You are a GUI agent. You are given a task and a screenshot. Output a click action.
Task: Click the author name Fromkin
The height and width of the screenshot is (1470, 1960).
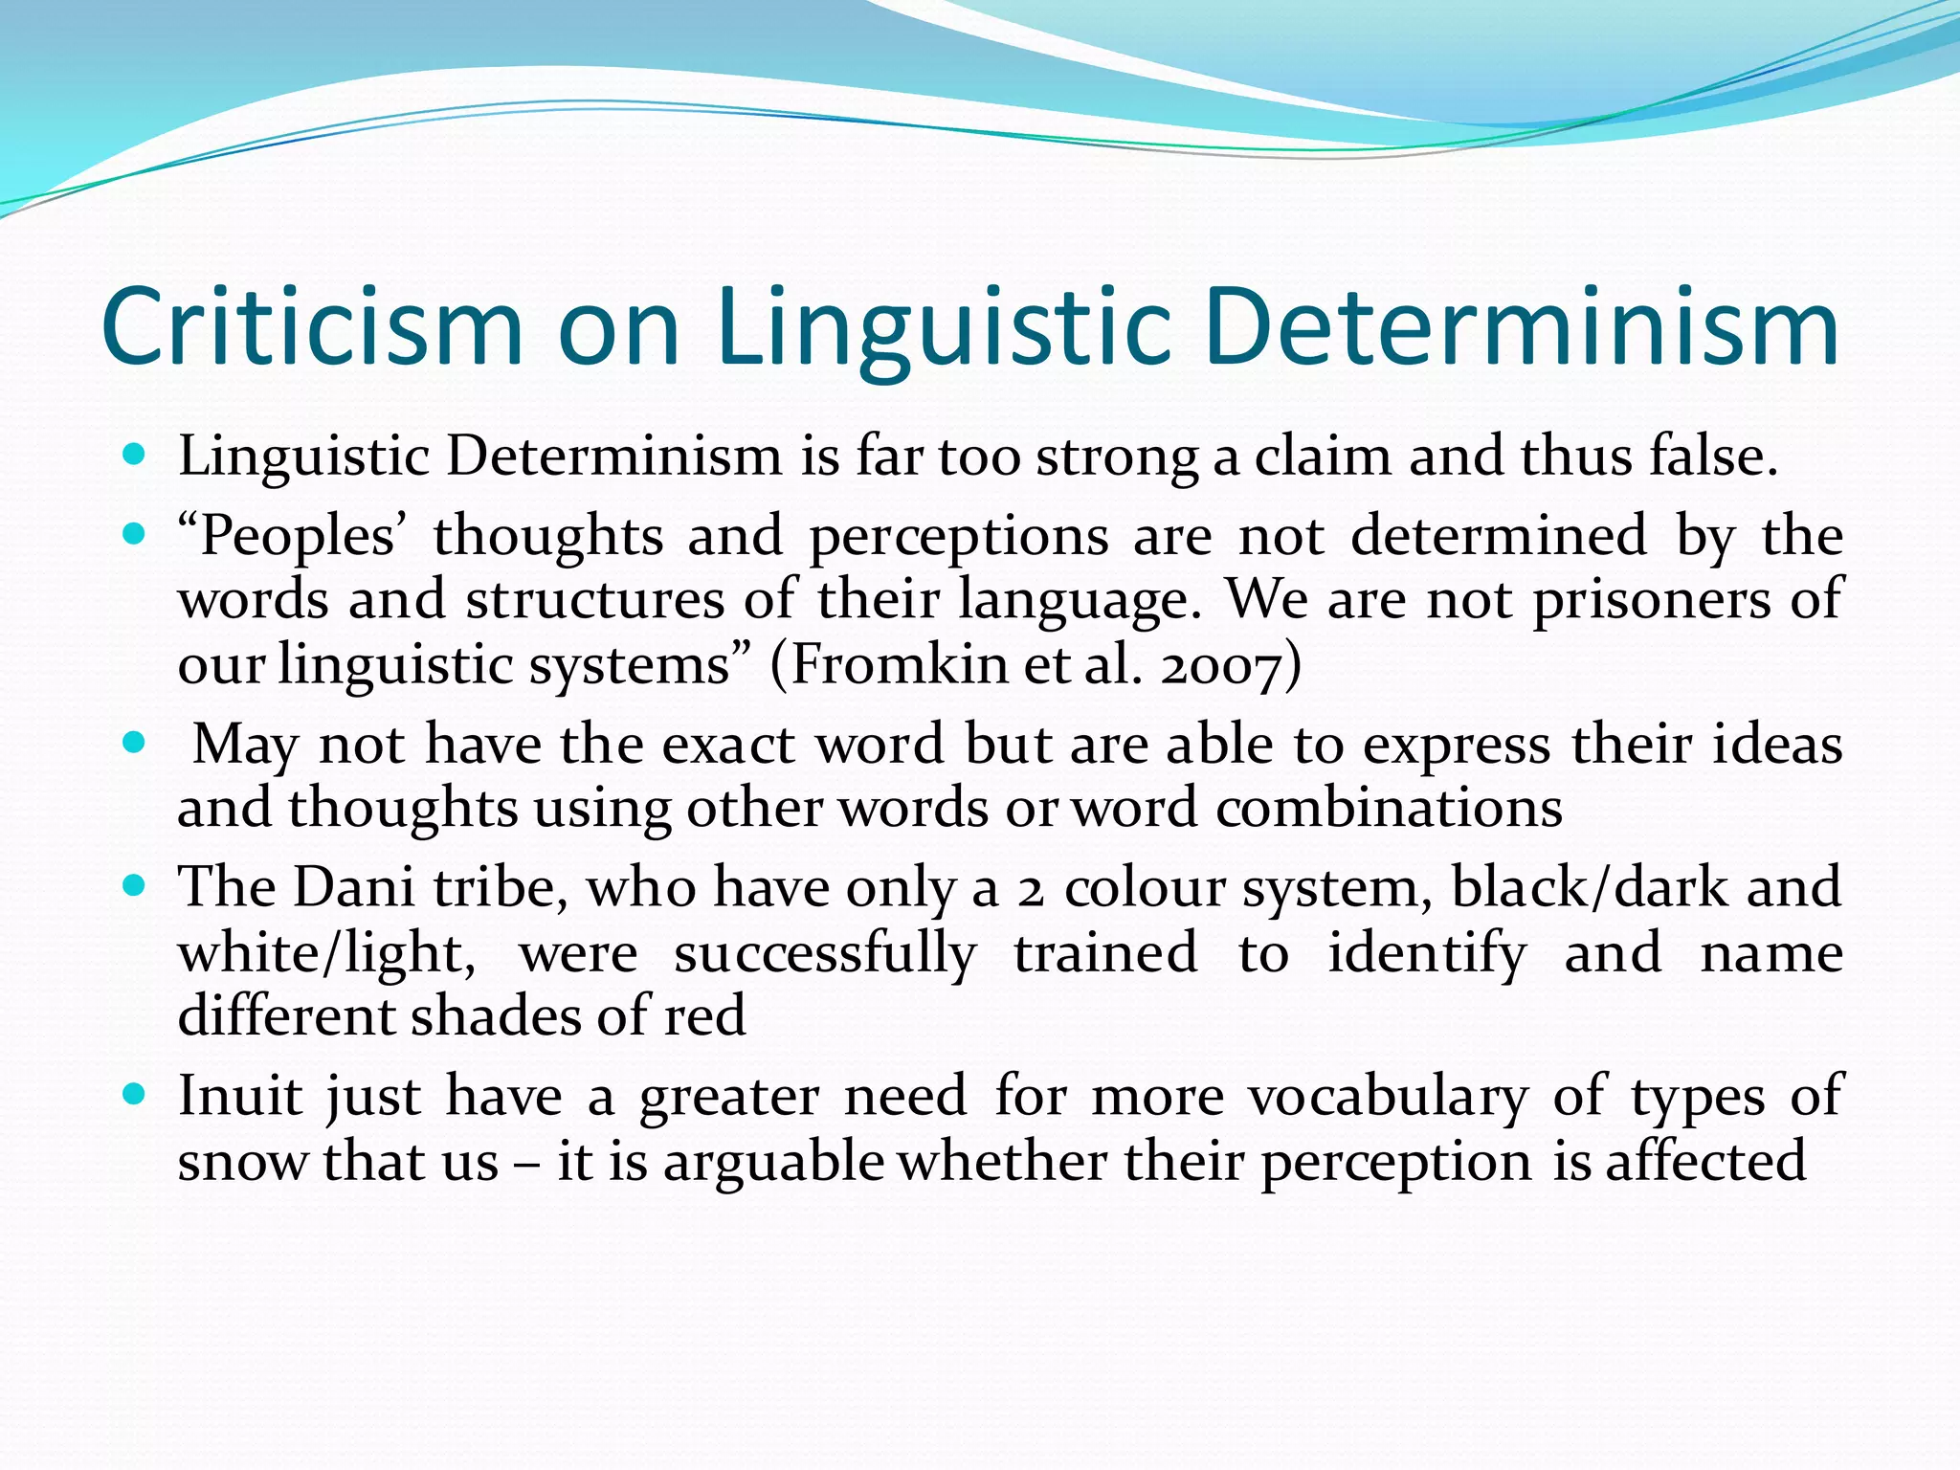tap(899, 664)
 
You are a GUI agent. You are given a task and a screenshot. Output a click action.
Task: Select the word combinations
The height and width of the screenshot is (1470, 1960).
tap(1389, 809)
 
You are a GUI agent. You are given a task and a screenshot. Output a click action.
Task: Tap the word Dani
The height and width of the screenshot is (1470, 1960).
tap(353, 887)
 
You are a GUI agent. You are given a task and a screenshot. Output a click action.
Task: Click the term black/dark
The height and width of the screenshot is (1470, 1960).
tap(1590, 887)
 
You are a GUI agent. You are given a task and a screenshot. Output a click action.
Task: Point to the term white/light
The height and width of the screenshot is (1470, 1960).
tap(326, 953)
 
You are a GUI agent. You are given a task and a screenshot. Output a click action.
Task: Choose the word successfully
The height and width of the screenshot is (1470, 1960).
tap(825, 953)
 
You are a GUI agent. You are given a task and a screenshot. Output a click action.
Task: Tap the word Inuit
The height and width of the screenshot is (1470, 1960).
tap(239, 1096)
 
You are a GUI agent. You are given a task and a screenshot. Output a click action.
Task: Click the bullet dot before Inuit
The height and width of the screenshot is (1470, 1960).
tap(134, 1092)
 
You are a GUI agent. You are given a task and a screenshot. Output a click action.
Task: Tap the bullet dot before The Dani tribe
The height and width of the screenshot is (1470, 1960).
tap(134, 884)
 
